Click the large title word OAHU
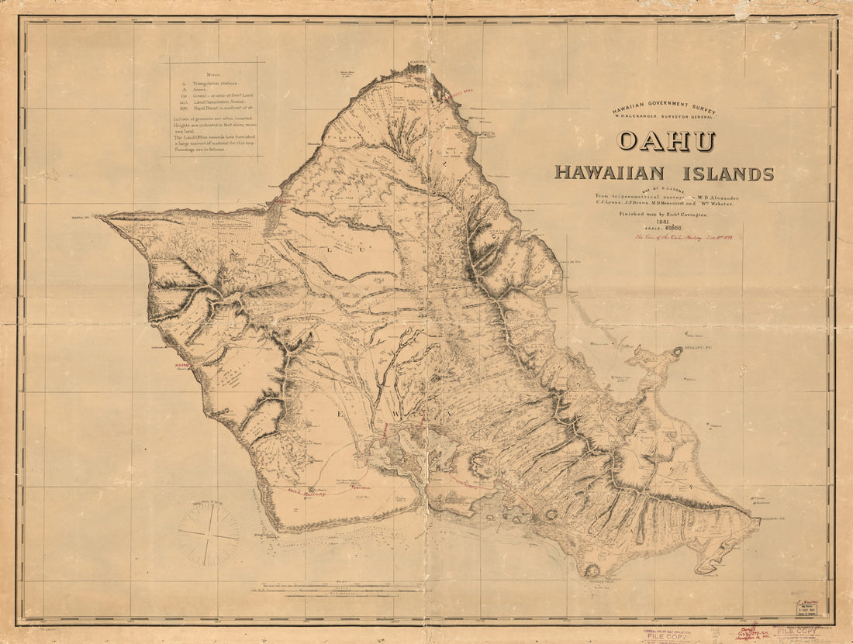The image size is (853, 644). coord(665,142)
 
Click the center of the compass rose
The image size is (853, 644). coord(208,536)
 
